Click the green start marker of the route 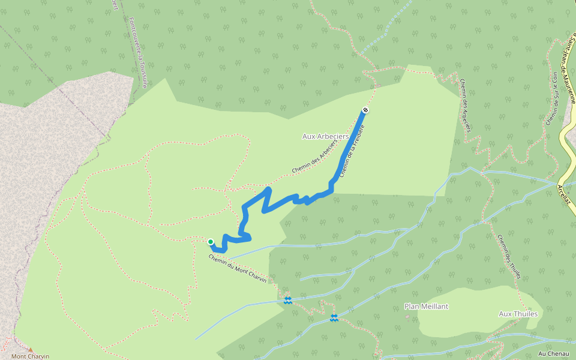pyautogui.click(x=211, y=242)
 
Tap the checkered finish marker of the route pyautogui.click(x=365, y=110)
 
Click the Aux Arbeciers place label pyautogui.click(x=325, y=137)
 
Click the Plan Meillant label pyautogui.click(x=427, y=306)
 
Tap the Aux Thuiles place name pyautogui.click(x=518, y=314)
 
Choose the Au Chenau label pyautogui.click(x=553, y=354)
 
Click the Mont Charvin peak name pyautogui.click(x=31, y=356)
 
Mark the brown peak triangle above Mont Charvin pyautogui.click(x=31, y=350)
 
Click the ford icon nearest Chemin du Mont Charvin pyautogui.click(x=288, y=299)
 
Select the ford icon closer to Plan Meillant pyautogui.click(x=334, y=317)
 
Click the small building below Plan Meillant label pyautogui.click(x=408, y=317)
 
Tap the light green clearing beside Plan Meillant pyautogui.click(x=468, y=312)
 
